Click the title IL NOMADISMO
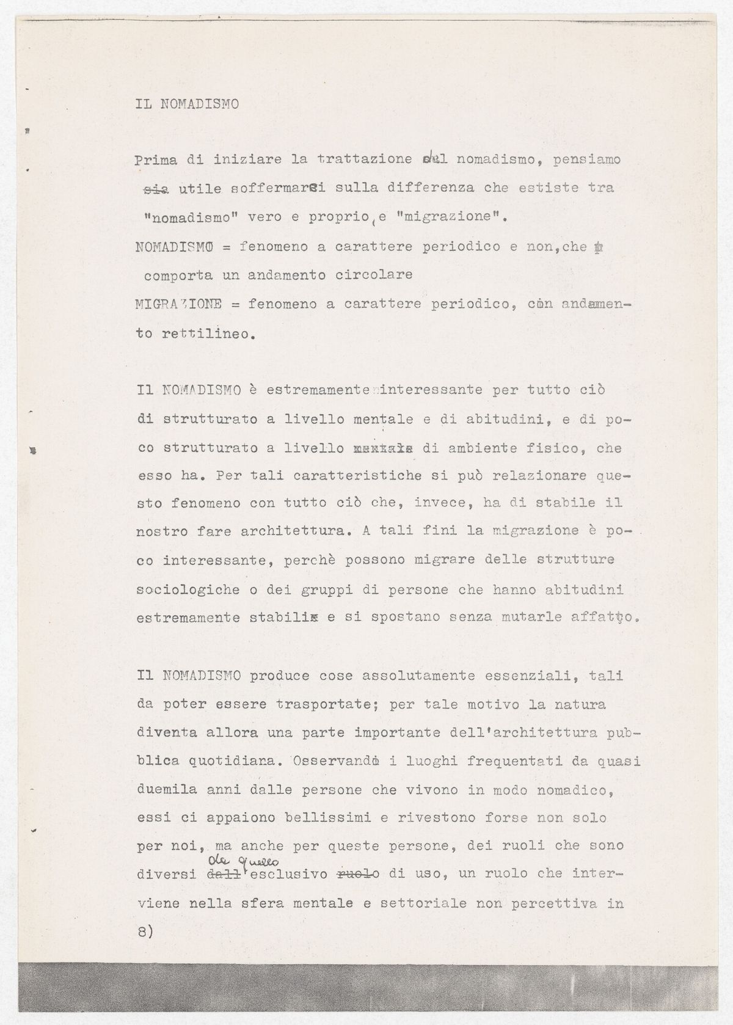187,103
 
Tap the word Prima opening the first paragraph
156,160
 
